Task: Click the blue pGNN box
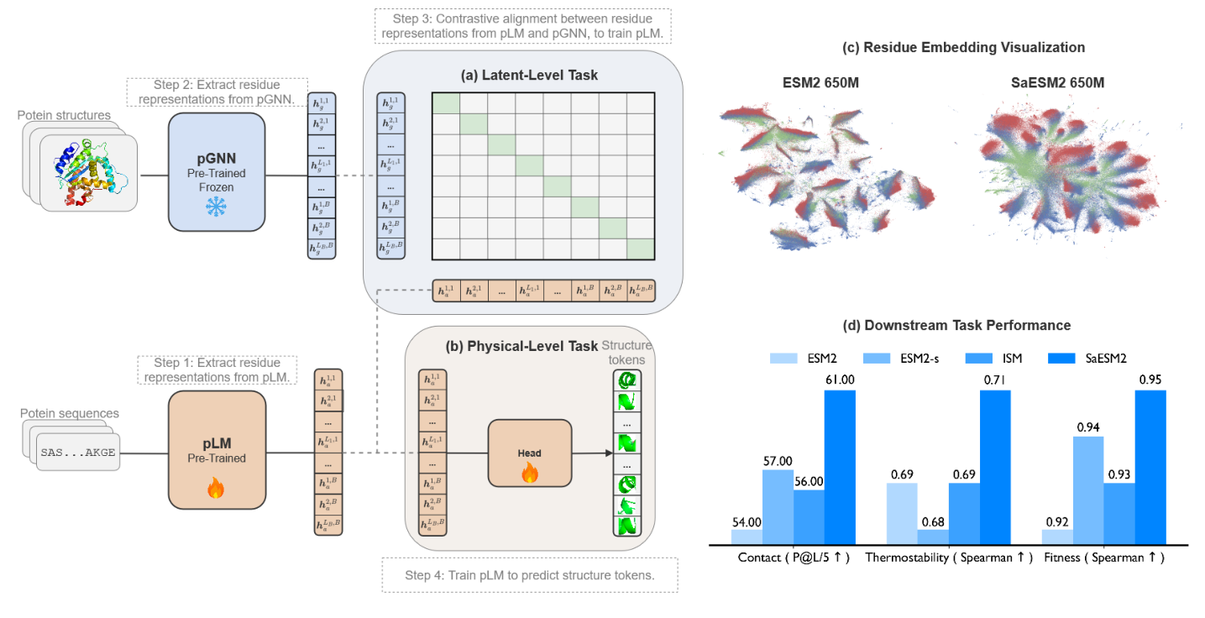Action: coord(217,172)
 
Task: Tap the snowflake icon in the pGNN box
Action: coord(217,209)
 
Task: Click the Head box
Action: coord(529,453)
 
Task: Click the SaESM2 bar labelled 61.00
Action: coord(839,466)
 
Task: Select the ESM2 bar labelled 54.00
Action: coord(747,535)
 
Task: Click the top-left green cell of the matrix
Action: coord(445,102)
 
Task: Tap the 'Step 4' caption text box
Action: coord(529,575)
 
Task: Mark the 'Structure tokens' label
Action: coord(627,352)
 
